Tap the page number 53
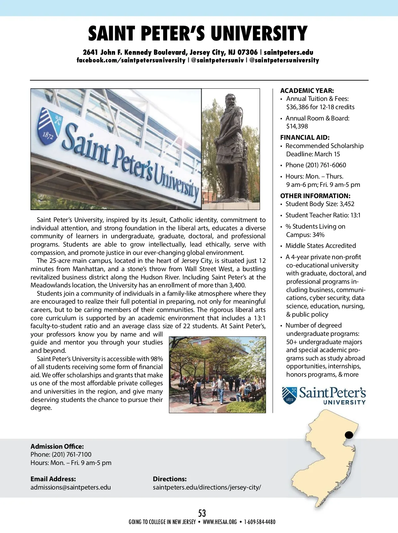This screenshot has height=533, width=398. (202, 513)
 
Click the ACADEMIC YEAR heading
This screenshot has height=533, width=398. (307, 91)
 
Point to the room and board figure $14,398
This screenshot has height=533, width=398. (297, 126)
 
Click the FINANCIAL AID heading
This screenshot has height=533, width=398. (305, 137)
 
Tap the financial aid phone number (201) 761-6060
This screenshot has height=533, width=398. (326, 165)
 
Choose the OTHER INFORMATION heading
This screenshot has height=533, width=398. (315, 196)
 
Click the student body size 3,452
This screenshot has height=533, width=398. (347, 204)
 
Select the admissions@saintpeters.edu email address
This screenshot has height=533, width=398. (71, 487)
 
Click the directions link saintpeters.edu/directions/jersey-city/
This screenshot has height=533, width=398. (207, 487)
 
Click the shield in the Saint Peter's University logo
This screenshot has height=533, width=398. (289, 395)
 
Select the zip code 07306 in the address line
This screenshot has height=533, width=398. (247, 52)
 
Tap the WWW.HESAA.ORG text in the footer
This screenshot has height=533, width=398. (220, 522)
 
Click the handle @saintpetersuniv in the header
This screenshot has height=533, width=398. (217, 60)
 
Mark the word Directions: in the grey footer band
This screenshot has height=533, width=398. (169, 479)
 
